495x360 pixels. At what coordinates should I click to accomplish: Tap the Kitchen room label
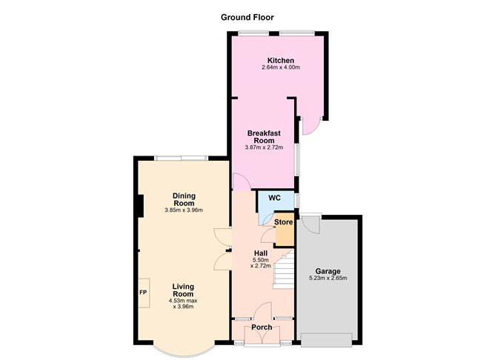point(281,61)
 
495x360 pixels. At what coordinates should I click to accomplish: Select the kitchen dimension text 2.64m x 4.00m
point(281,68)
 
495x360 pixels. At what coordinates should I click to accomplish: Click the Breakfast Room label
point(264,136)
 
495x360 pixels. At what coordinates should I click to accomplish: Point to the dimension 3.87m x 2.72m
point(264,147)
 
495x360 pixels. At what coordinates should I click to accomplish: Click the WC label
point(274,198)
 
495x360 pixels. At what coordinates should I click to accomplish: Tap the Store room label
point(284,222)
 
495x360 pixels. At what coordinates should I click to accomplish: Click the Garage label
point(328,270)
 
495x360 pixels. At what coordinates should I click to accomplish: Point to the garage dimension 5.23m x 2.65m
point(328,279)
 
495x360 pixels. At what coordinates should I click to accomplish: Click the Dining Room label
point(184,199)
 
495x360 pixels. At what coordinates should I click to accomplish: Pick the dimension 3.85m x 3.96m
point(184,210)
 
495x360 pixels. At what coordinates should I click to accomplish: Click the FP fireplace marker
point(142,292)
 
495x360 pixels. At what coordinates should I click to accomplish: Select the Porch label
point(261,327)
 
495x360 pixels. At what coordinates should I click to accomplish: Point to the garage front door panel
point(327,339)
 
